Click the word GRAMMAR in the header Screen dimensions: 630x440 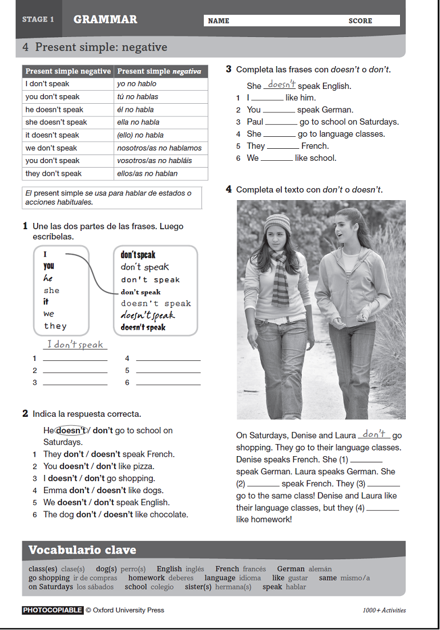point(105,19)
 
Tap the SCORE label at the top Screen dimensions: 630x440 point(360,21)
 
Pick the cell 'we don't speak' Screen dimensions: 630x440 point(51,148)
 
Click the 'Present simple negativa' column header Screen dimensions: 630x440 point(159,71)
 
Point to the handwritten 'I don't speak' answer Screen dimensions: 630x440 point(75,344)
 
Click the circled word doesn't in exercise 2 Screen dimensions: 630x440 point(71,430)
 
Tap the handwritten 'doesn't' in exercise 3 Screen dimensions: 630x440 point(281,85)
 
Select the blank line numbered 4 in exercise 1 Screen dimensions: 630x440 point(168,359)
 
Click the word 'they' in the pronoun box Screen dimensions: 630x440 point(55,326)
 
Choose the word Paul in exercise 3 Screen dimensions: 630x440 point(255,121)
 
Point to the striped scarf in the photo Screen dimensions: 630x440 point(280,279)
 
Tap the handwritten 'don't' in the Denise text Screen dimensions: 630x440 point(374,434)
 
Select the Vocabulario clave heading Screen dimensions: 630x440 point(82,550)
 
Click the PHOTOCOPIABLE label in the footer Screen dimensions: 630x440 point(53,610)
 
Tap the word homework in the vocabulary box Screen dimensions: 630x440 point(146,578)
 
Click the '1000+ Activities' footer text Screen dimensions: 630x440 point(384,610)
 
